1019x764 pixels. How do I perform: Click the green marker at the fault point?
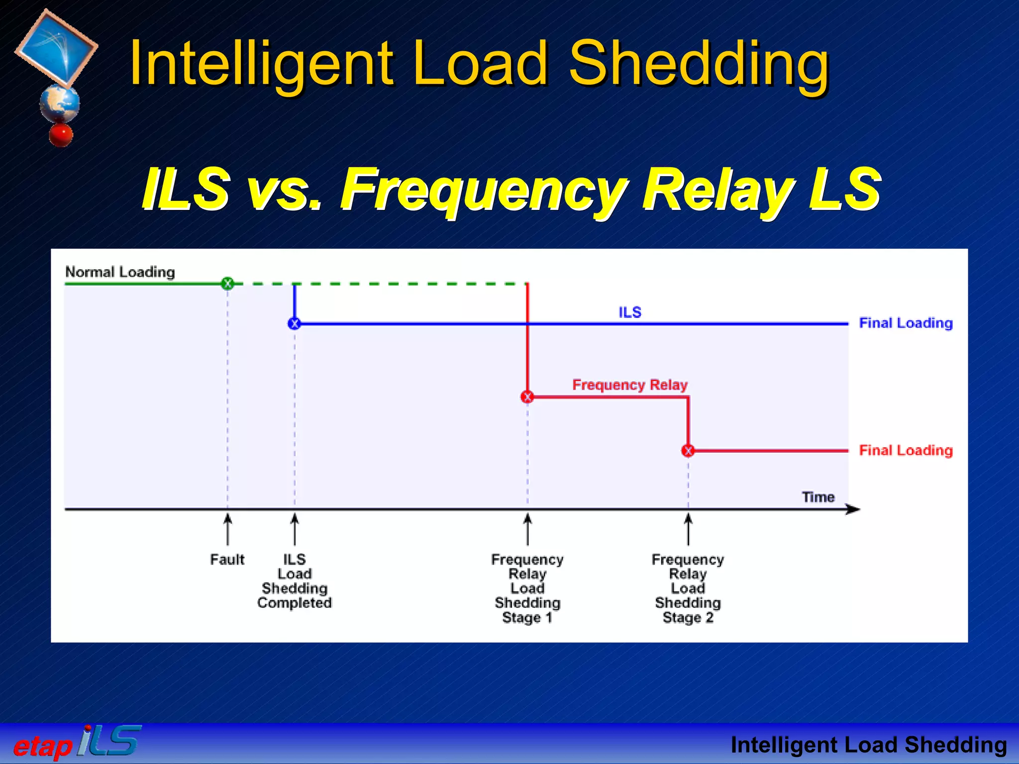[227, 284]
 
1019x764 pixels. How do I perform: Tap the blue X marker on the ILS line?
[294, 324]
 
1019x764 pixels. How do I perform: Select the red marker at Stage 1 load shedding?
[527, 396]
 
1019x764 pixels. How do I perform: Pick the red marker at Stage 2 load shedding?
[688, 451]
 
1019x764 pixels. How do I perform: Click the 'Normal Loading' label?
[120, 272]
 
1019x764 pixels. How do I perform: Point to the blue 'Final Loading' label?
[906, 323]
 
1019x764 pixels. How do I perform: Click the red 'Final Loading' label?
[906, 450]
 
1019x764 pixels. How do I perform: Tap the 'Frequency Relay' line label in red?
[629, 384]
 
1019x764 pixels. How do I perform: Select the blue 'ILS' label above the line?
[629, 312]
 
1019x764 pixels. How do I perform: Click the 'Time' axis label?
[817, 497]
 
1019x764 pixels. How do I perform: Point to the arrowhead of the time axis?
[854, 509]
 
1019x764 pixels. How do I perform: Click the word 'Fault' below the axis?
[227, 560]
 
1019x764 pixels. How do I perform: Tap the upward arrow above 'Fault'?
[227, 529]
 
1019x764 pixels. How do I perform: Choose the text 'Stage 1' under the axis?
[527, 617]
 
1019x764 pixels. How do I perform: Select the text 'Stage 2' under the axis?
[688, 617]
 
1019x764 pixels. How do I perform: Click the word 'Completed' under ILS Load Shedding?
[294, 603]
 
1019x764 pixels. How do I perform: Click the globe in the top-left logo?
[59, 103]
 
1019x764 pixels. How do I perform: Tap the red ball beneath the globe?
[61, 135]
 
